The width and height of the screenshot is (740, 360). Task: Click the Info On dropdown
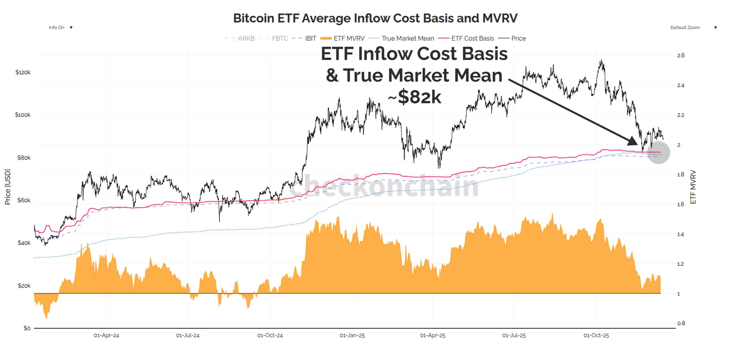click(x=60, y=27)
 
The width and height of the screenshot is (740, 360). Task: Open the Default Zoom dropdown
click(x=693, y=27)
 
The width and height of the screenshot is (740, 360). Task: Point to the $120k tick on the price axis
click(x=23, y=72)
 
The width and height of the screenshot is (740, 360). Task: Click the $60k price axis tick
click(x=24, y=200)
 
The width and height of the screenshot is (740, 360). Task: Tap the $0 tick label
click(x=27, y=328)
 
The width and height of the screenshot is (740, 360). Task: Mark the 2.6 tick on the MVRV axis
click(x=681, y=55)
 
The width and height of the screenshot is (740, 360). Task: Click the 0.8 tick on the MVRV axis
click(x=681, y=323)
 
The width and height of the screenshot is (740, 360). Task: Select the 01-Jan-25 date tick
click(x=352, y=335)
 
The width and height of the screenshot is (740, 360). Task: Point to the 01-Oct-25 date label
click(x=596, y=335)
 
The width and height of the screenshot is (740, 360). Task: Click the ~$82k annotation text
click(x=415, y=97)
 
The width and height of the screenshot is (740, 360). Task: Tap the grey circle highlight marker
click(x=658, y=152)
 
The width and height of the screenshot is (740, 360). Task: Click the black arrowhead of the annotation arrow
click(x=633, y=141)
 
